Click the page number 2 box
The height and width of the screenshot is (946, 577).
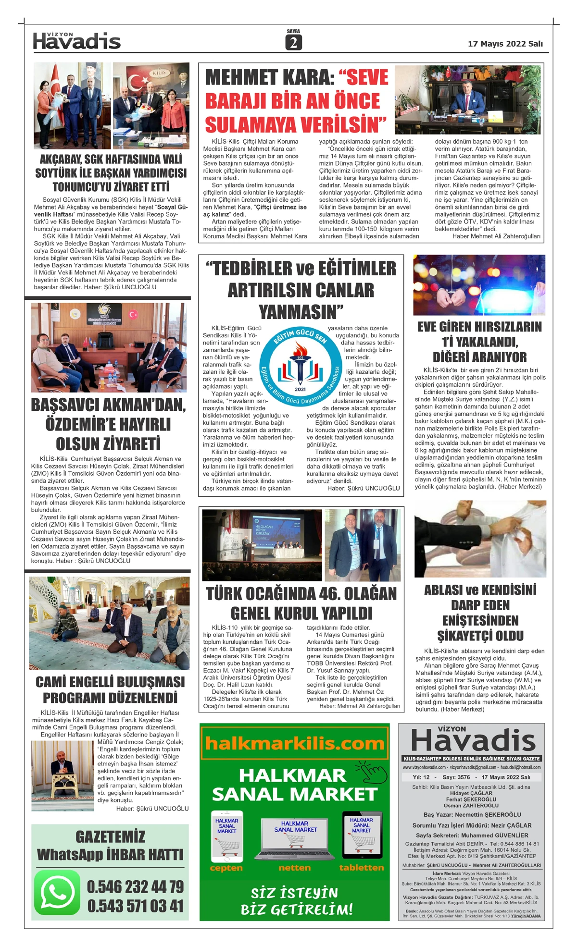293,43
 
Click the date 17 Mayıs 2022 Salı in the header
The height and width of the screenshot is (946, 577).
505,44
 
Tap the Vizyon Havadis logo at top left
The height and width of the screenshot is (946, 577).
76,41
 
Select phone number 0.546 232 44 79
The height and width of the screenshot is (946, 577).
135,886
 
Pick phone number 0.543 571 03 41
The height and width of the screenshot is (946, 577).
135,906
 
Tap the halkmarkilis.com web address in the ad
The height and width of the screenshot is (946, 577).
294,744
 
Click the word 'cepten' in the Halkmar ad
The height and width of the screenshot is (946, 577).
226,868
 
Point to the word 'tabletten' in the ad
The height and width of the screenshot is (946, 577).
361,868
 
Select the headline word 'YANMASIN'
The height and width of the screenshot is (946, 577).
301,312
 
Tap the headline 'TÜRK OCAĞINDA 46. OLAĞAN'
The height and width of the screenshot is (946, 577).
301,594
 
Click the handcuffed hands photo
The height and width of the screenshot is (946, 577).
479,285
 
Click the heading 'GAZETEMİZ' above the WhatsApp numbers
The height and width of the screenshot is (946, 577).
110,836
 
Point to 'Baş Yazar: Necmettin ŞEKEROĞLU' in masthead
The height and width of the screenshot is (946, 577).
472,814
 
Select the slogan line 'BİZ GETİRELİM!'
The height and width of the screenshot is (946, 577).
297,909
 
